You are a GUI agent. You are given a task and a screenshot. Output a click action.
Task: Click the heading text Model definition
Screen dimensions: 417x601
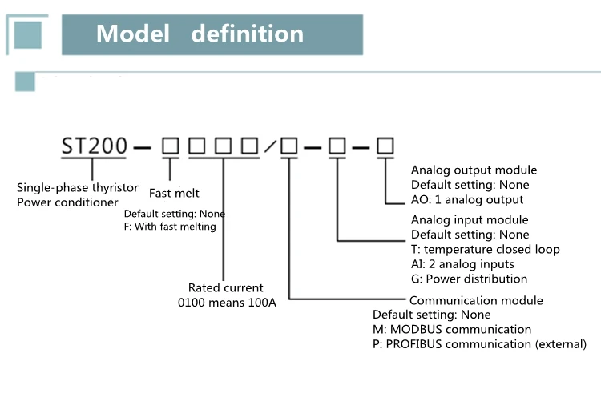tap(200, 34)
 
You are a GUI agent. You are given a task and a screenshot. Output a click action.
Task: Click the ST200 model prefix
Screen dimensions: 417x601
tap(95, 146)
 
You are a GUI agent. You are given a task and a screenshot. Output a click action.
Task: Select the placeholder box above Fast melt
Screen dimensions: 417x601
tap(170, 146)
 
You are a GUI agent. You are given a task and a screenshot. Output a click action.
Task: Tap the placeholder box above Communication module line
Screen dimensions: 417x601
tap(289, 146)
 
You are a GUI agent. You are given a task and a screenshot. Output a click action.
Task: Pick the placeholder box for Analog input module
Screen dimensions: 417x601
tap(337, 146)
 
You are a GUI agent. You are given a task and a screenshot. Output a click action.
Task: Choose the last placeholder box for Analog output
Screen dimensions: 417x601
tap(385, 146)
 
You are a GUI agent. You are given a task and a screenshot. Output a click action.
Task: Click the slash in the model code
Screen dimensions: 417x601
tap(270, 146)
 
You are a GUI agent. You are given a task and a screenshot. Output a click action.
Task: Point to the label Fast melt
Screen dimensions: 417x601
tap(174, 193)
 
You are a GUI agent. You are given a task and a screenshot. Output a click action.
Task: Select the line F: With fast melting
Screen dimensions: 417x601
tap(170, 227)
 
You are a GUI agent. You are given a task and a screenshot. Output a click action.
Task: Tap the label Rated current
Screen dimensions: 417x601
tap(225, 287)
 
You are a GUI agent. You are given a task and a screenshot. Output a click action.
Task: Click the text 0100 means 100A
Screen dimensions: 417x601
tap(227, 303)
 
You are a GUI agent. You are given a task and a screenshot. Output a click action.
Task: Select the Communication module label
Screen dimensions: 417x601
tap(476, 301)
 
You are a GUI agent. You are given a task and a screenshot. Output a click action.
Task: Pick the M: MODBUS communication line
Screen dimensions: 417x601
tap(451, 330)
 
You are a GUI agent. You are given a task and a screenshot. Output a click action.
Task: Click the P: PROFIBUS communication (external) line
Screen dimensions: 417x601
tap(479, 344)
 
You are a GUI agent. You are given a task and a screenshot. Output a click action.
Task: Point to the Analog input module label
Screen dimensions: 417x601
tap(470, 220)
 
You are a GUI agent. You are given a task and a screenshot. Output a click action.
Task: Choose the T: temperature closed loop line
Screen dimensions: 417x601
tap(485, 249)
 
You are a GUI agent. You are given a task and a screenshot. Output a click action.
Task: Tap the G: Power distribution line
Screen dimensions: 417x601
tap(469, 279)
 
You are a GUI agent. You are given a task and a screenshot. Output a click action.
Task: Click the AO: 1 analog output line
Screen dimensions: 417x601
tap(467, 199)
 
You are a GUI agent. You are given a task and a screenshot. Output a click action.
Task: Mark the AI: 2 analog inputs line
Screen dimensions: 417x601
tap(462, 264)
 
